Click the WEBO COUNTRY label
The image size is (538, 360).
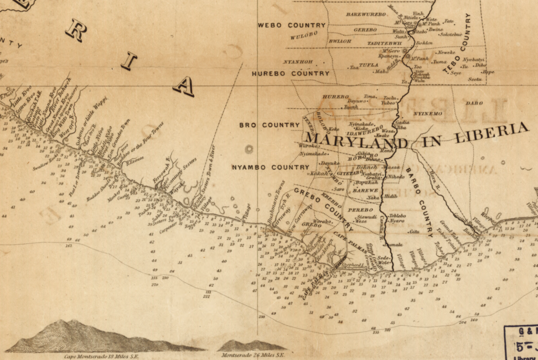pyautogui.click(x=292, y=25)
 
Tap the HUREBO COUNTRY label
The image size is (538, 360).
pyautogui.click(x=291, y=74)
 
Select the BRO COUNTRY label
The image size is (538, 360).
pyautogui.click(x=270, y=125)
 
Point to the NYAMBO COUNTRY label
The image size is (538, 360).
pyautogui.click(x=271, y=167)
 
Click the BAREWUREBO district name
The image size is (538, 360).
pyautogui.click(x=366, y=14)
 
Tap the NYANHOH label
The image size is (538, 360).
pyautogui.click(x=298, y=61)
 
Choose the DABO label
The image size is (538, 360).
pyautogui.click(x=474, y=103)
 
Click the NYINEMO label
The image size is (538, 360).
pyautogui.click(x=428, y=114)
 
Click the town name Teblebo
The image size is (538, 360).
pyautogui.click(x=397, y=215)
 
